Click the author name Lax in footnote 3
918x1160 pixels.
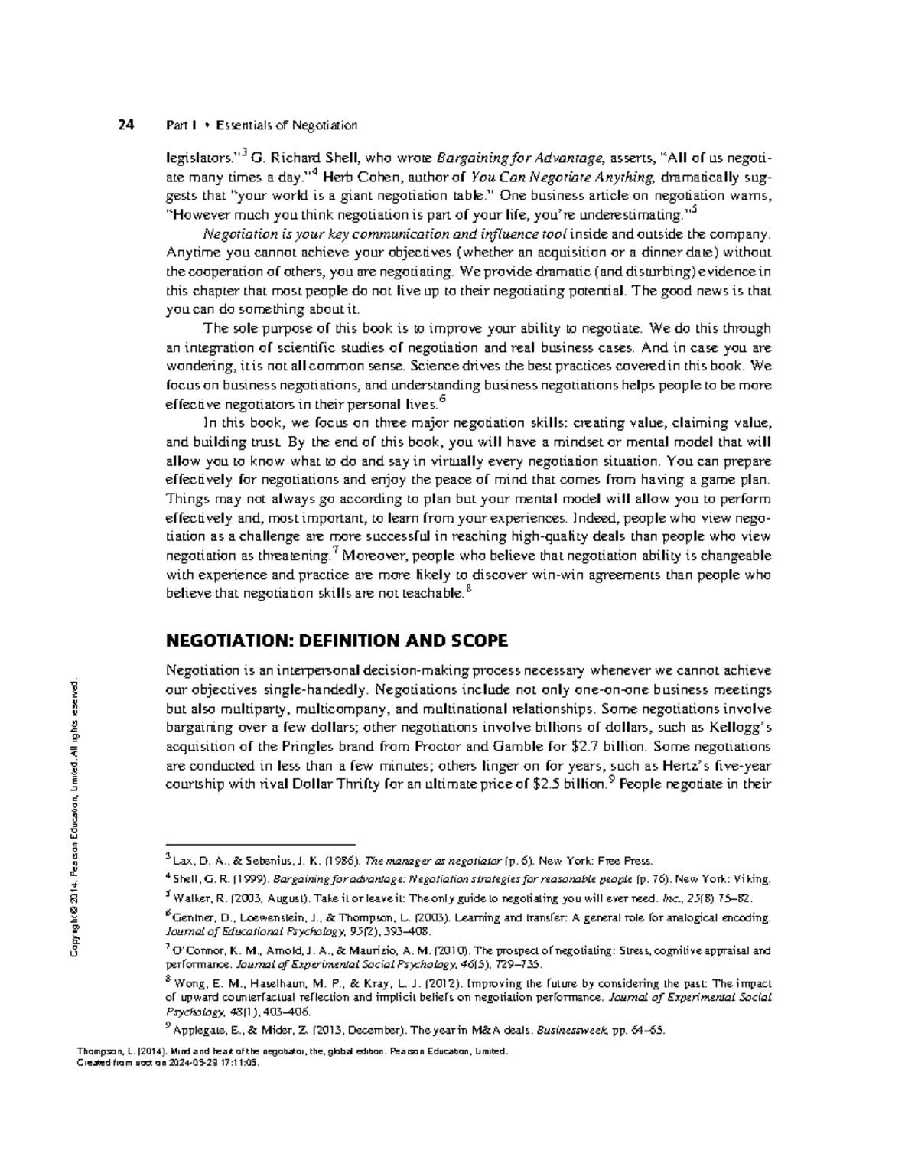pyautogui.click(x=184, y=860)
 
